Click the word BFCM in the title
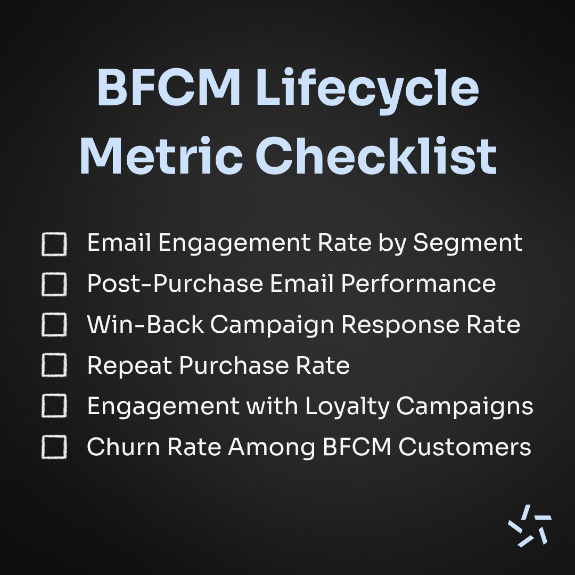[169, 88]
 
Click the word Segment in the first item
[468, 243]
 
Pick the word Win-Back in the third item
[145, 324]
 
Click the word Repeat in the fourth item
[130, 366]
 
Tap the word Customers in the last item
[465, 447]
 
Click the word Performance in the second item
[418, 283]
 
